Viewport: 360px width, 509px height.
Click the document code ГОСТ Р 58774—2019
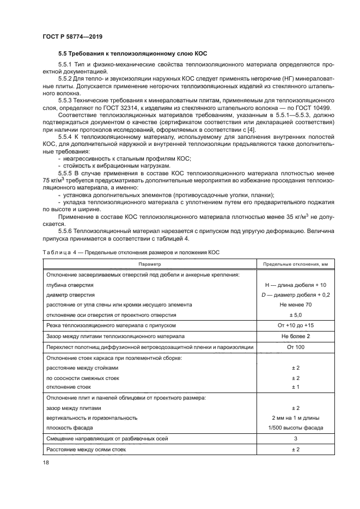[x=72, y=36]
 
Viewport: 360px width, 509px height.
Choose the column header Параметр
[x=149, y=263]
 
